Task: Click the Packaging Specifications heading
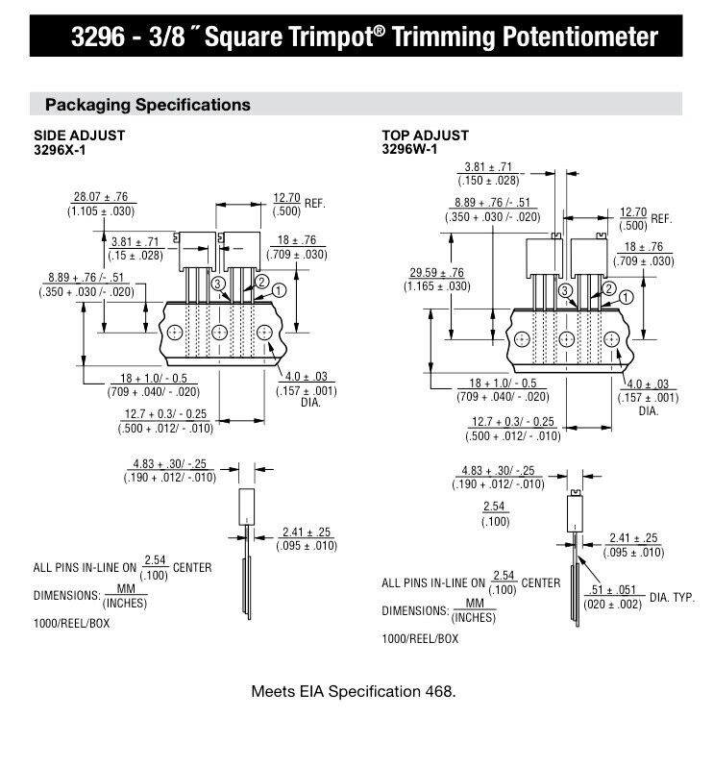148,105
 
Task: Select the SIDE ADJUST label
79,136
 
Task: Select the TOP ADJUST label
426,136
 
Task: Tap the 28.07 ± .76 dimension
100,196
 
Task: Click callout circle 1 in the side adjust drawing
280,289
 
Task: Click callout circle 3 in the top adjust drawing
566,290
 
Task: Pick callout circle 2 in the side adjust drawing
261,282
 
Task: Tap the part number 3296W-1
409,149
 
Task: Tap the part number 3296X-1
61,149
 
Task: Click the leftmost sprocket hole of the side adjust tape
174,333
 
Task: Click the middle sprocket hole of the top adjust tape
567,339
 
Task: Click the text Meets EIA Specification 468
353,691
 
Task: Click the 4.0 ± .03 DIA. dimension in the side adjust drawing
307,383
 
